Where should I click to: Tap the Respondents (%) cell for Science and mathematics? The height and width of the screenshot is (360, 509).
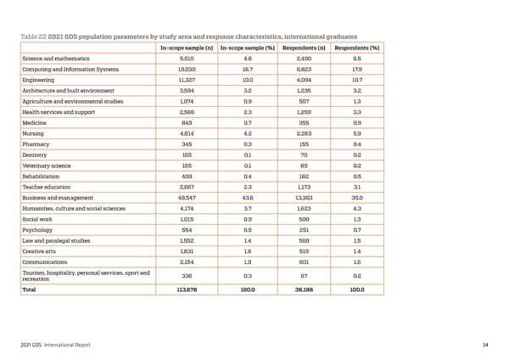(356, 58)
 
